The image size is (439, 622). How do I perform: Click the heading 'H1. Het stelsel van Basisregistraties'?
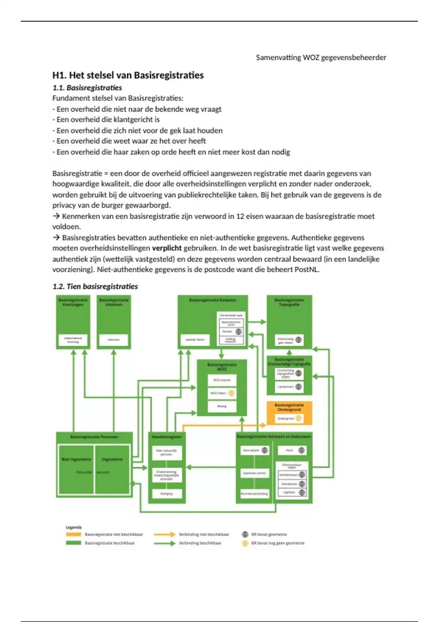[x=128, y=75]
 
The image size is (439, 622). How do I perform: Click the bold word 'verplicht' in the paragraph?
[x=167, y=248]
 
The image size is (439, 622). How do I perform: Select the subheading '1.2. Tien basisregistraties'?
[x=95, y=286]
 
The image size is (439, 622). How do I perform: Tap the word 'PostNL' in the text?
[x=307, y=270]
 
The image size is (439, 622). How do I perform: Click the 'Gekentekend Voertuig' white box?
[x=73, y=340]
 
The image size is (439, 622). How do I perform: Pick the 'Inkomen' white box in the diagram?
[x=113, y=340]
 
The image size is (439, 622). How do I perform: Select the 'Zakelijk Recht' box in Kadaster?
[x=195, y=340]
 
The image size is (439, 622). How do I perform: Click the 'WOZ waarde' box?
[x=222, y=380]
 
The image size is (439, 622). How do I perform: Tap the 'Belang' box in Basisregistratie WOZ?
[x=222, y=406]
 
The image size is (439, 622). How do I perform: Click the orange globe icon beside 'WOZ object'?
[x=231, y=393]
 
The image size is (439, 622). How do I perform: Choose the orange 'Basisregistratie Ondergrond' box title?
[x=289, y=407]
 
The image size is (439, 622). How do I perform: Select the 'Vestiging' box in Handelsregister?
[x=166, y=494]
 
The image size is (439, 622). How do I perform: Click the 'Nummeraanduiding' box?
[x=255, y=494]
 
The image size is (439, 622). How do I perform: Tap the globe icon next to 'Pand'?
[x=301, y=450]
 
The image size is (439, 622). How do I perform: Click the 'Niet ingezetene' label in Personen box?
[x=76, y=459]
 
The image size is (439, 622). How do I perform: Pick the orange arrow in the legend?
[x=165, y=535]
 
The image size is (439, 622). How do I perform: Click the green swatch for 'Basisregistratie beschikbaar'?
[x=74, y=543]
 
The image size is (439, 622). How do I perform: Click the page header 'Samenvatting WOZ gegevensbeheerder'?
[x=321, y=57]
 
